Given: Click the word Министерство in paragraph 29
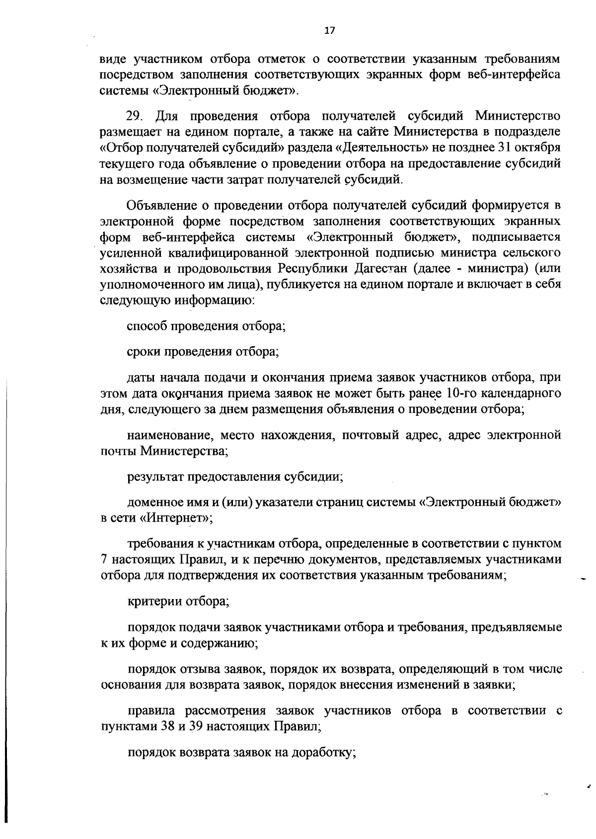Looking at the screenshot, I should coord(519,116).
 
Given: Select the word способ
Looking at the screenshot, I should coord(147,326).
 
